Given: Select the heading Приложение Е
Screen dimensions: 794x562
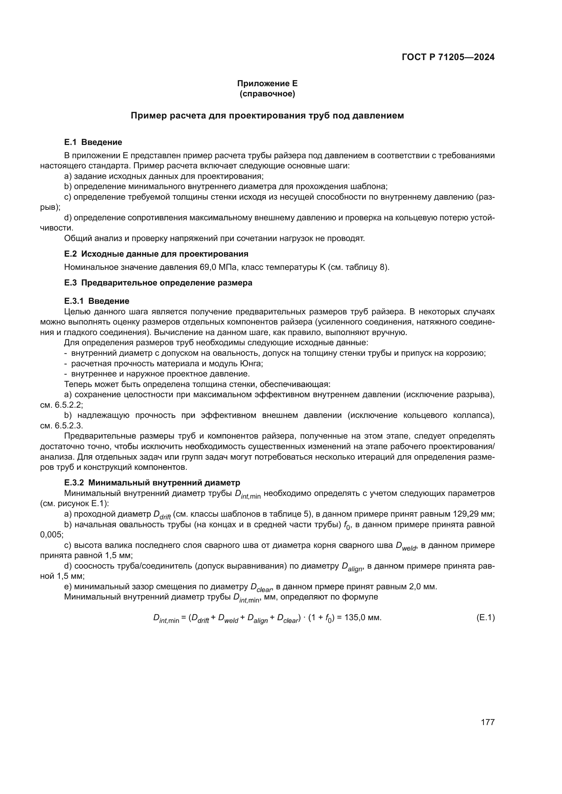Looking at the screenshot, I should [267, 84].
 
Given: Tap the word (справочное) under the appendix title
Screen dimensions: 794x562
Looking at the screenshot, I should [267, 94].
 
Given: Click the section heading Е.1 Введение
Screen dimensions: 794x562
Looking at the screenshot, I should [93, 142].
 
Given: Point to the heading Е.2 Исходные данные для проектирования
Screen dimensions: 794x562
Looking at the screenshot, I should [156, 254].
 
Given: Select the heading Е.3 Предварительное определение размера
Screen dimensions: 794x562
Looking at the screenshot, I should [158, 283].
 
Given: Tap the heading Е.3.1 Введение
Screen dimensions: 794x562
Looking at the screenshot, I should [96, 301].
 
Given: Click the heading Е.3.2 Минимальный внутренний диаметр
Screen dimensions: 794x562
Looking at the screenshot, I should [152, 482].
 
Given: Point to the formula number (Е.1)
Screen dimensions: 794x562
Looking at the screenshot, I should [486, 617].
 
